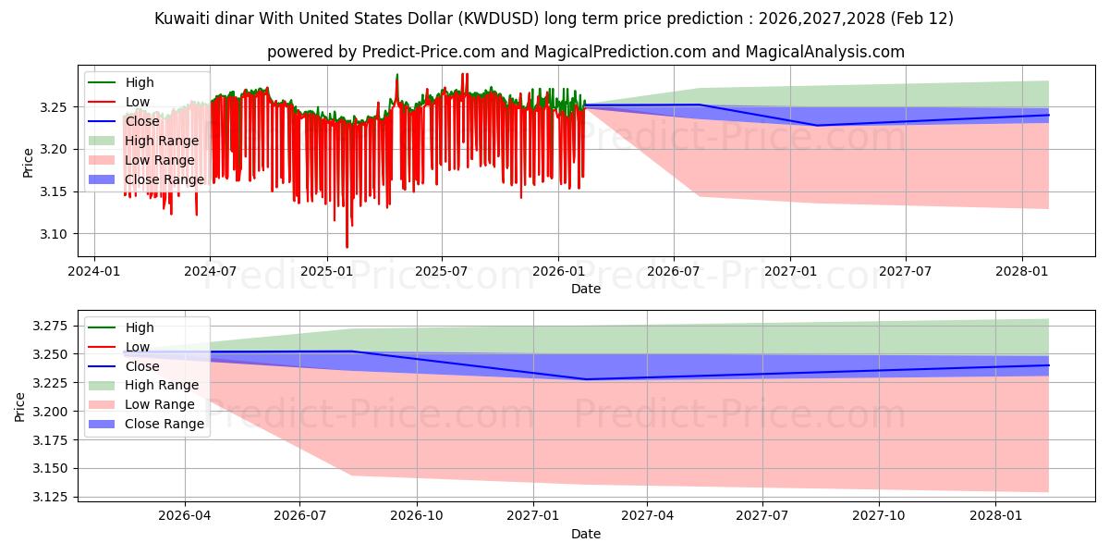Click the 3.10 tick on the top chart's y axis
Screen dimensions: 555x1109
tap(54, 234)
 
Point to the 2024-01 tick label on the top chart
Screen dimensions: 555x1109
tap(94, 270)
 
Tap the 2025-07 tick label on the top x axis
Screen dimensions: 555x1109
tap(441, 270)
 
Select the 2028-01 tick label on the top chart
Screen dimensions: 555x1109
tap(1021, 270)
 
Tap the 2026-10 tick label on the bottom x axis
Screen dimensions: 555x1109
tap(417, 515)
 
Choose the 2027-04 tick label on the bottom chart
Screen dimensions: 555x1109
tap(647, 515)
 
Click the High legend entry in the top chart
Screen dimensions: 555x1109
tap(140, 82)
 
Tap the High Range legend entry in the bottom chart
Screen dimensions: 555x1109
tap(161, 385)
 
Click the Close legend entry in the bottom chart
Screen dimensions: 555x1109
tap(141, 366)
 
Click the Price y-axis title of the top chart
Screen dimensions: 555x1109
tap(29, 162)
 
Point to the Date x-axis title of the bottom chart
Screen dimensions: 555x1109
tap(586, 534)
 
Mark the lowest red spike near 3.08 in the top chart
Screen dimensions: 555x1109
tap(347, 246)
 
